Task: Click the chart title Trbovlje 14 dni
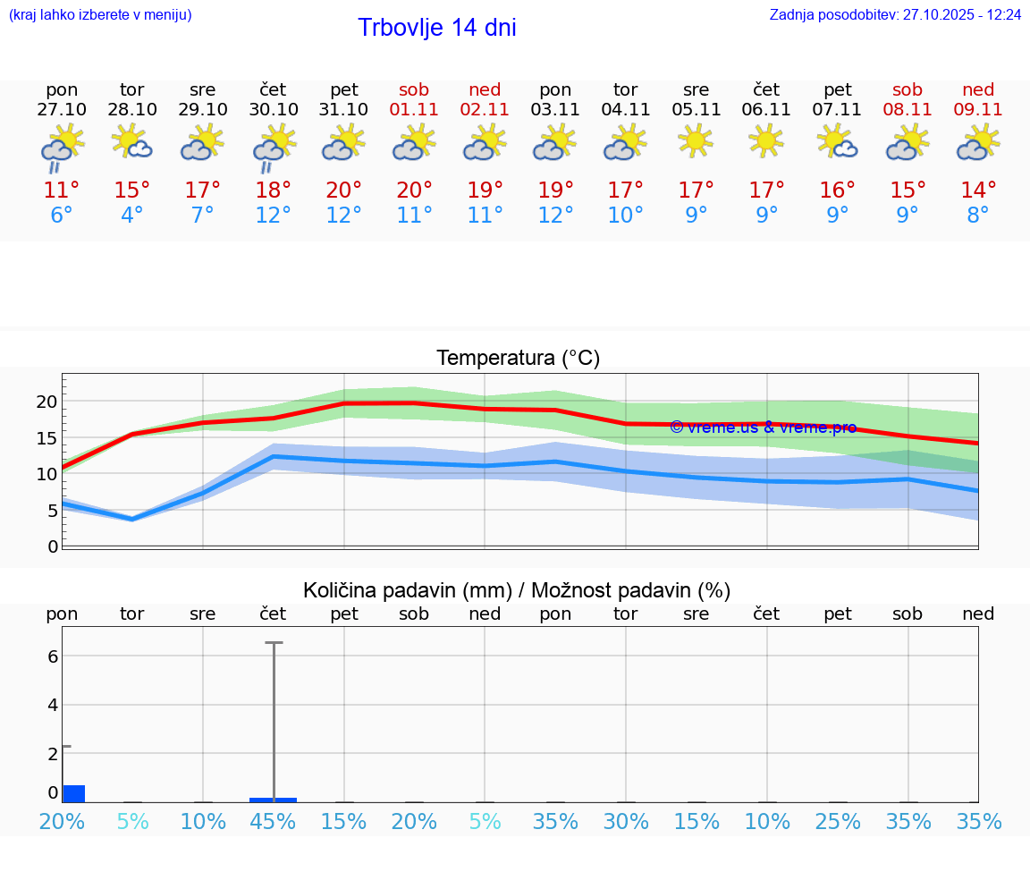(436, 28)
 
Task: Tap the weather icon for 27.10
(62, 146)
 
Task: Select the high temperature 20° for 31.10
(344, 190)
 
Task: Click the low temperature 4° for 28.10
(132, 216)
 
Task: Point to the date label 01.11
(414, 109)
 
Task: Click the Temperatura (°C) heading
(518, 359)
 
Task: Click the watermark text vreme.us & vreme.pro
(763, 428)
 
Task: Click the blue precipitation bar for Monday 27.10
(73, 793)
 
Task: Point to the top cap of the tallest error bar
(274, 642)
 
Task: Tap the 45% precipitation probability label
(273, 822)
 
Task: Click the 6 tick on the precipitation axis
(53, 656)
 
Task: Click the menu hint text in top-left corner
(100, 15)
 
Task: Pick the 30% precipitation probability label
(626, 822)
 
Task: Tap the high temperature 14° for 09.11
(978, 190)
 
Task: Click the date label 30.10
(274, 109)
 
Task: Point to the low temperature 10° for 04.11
(626, 216)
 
